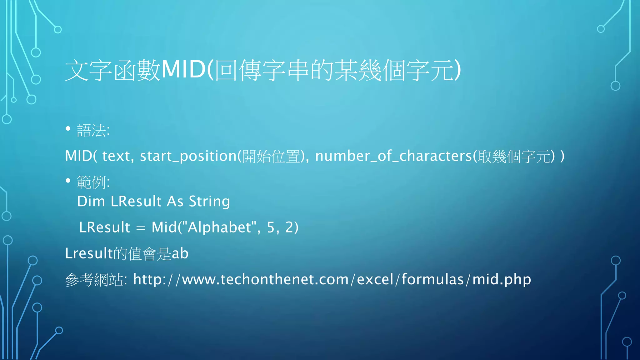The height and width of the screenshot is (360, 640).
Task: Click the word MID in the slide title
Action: [x=183, y=70]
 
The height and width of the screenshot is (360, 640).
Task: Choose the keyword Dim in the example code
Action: [x=91, y=202]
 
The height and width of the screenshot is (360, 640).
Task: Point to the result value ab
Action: [x=180, y=253]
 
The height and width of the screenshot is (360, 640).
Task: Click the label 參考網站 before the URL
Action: [x=94, y=280]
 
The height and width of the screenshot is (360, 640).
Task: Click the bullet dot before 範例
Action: [x=68, y=181]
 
